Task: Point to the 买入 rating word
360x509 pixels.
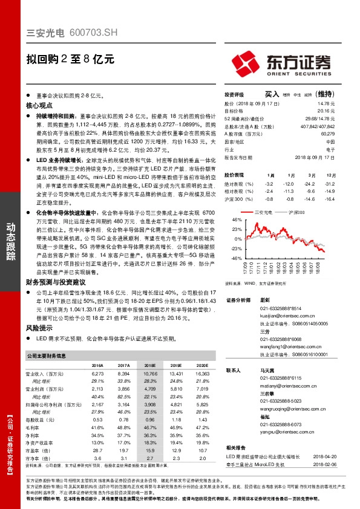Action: point(272,94)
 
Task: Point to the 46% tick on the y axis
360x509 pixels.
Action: point(236,221)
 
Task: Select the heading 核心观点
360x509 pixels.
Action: point(39,105)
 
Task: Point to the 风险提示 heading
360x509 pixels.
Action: point(39,327)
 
